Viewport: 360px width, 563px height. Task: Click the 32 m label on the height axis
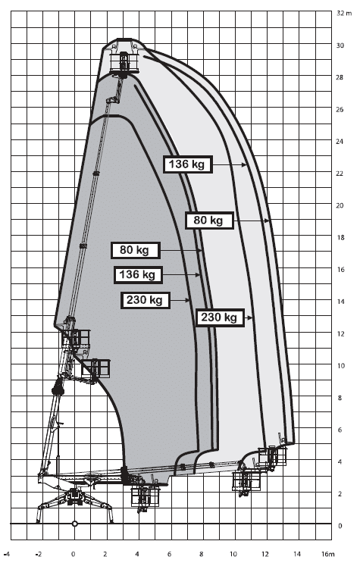tap(344, 14)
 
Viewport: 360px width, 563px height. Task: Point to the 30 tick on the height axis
tap(340, 45)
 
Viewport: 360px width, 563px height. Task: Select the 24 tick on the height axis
tap(340, 142)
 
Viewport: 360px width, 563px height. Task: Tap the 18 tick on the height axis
tap(340, 237)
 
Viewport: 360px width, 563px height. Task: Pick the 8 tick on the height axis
tap(340, 398)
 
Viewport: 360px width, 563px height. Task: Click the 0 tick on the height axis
tap(340, 526)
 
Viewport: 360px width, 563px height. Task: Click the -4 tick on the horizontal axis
tap(7, 554)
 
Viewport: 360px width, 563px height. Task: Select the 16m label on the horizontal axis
tap(327, 554)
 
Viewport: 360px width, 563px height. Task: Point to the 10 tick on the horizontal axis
tap(233, 554)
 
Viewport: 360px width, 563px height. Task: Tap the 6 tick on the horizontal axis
tap(169, 554)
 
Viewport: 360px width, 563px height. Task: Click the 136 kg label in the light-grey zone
tap(187, 164)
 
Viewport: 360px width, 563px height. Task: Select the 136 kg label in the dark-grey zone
tap(138, 275)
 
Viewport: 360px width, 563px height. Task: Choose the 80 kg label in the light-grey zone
tap(209, 220)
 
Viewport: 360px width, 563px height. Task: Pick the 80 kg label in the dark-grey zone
tap(135, 250)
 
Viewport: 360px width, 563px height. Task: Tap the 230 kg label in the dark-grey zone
tap(146, 300)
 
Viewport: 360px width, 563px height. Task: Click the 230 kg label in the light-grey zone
tap(220, 317)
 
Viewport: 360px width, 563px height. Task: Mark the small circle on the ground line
tap(75, 524)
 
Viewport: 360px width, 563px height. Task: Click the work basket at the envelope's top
tap(124, 62)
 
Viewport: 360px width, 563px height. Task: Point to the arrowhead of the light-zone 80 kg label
tap(267, 221)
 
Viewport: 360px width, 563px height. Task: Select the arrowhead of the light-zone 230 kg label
tap(249, 317)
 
